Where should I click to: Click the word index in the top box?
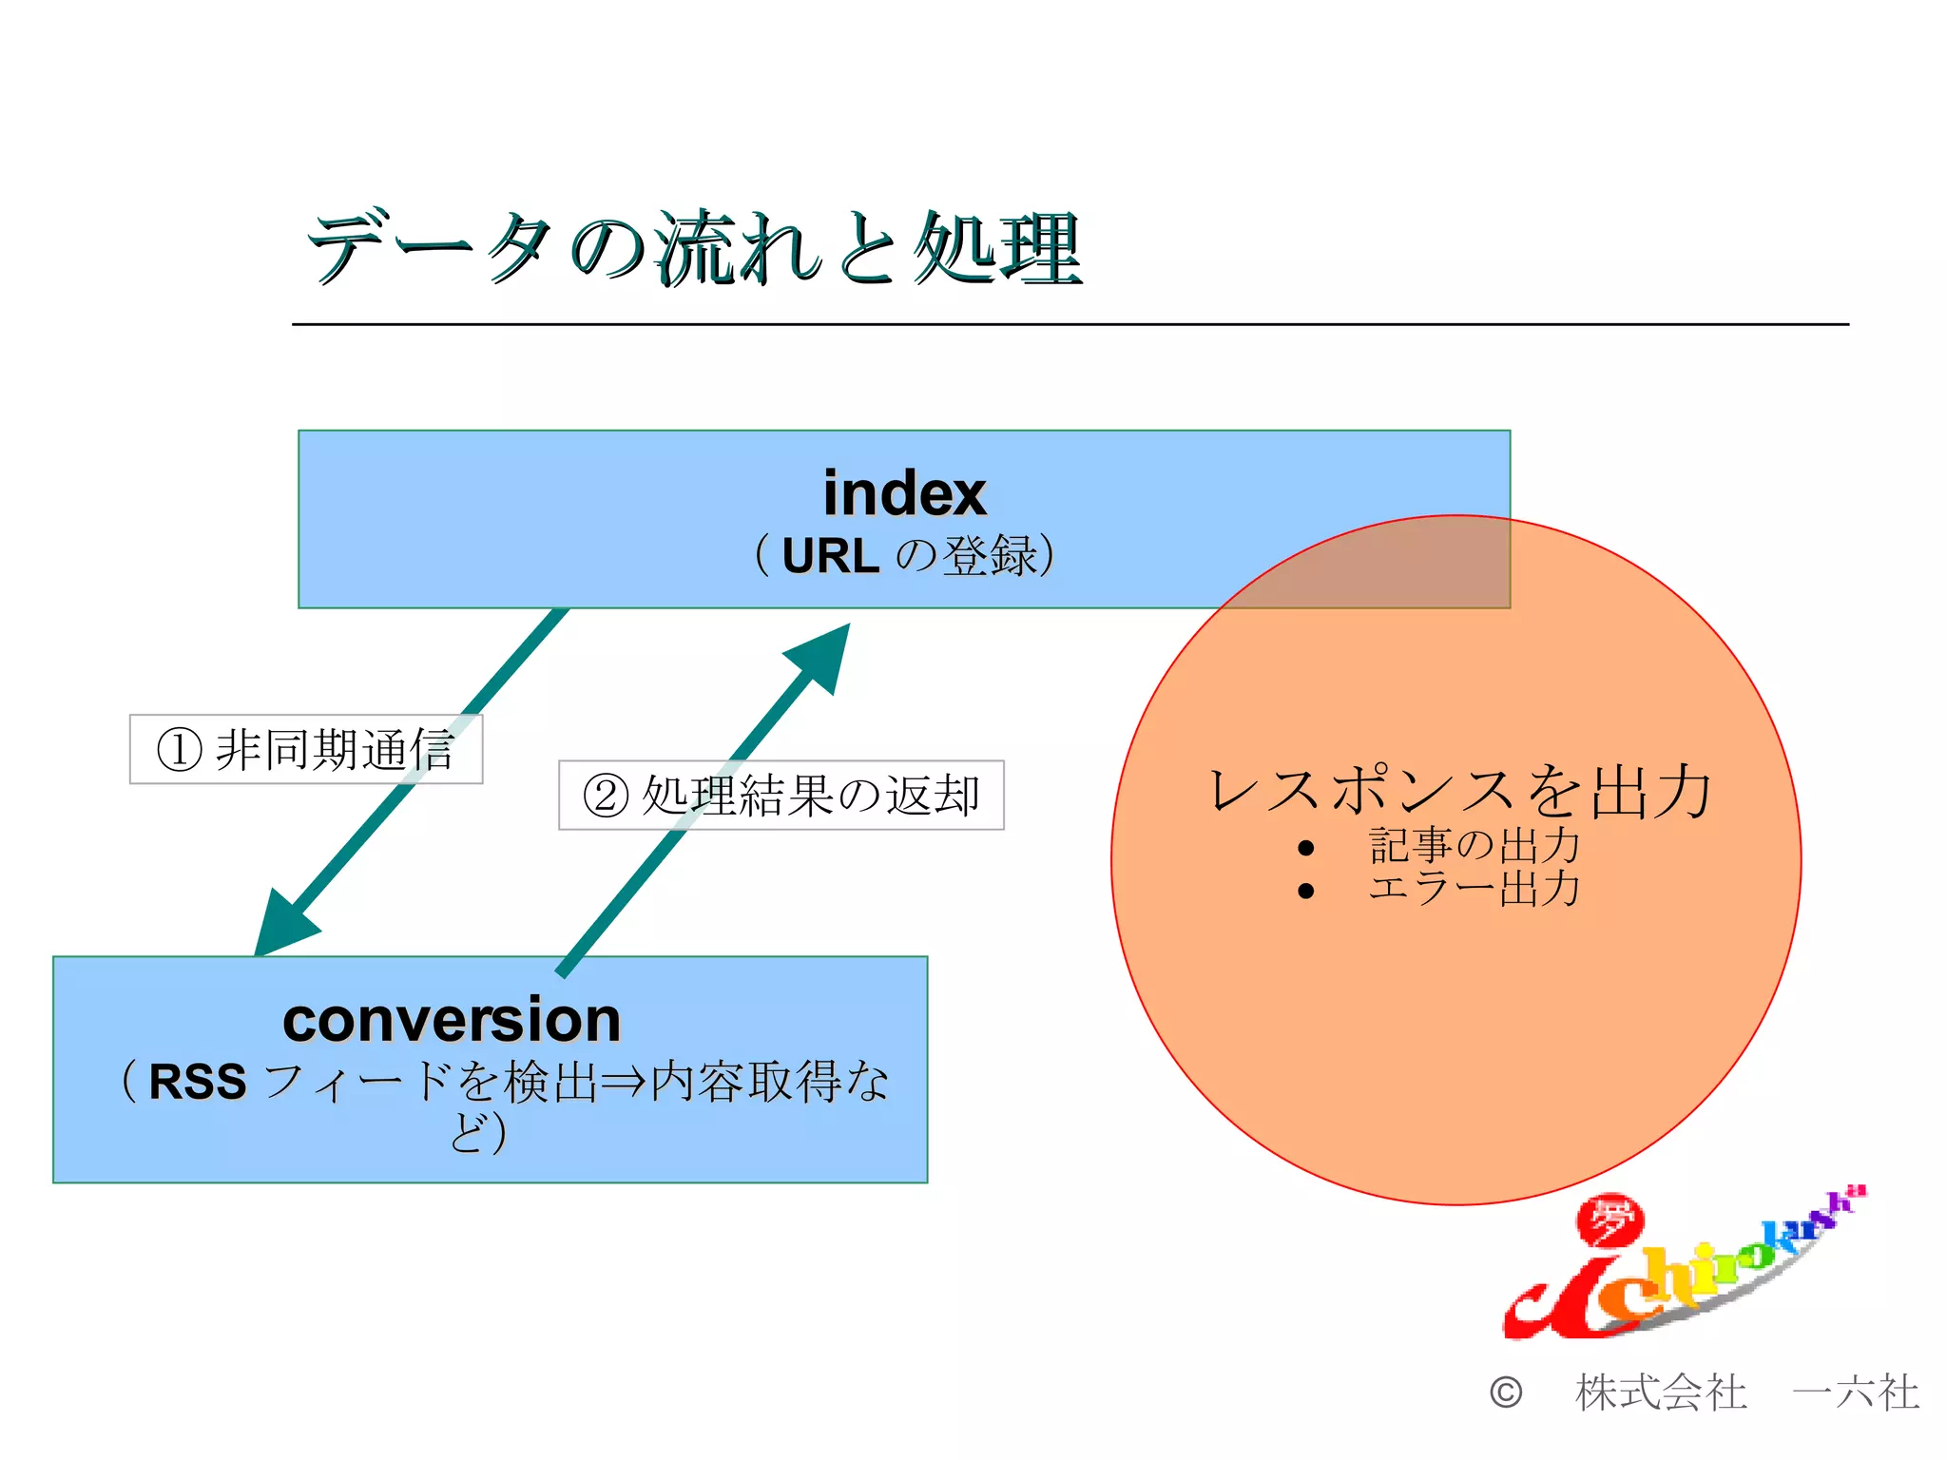pyautogui.click(x=904, y=493)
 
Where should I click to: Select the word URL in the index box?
pyautogui.click(x=830, y=556)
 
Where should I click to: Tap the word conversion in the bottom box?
pyautogui.click(x=452, y=1020)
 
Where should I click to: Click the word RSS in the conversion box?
pyautogui.click(x=198, y=1082)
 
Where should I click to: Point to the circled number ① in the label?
pyautogui.click(x=179, y=749)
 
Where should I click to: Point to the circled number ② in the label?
pyautogui.click(x=606, y=796)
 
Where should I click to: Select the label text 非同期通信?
pyautogui.click(x=335, y=749)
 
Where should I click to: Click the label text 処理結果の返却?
pyautogui.click(x=810, y=796)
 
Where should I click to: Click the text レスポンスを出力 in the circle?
pyautogui.click(x=1459, y=791)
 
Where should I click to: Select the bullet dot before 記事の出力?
pyautogui.click(x=1305, y=848)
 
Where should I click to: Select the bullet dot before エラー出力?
pyautogui.click(x=1305, y=891)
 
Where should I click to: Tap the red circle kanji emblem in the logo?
pyautogui.click(x=1610, y=1220)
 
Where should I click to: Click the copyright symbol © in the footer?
pyautogui.click(x=1506, y=1393)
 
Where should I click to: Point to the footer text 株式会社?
pyautogui.click(x=1661, y=1393)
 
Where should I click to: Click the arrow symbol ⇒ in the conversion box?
pyautogui.click(x=624, y=1083)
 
